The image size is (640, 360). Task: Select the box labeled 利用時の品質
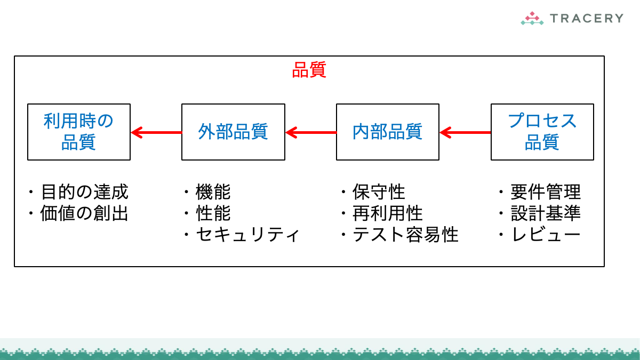click(x=79, y=132)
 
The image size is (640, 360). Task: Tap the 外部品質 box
click(x=233, y=132)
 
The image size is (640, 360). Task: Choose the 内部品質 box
click(x=388, y=132)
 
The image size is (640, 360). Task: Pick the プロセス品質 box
click(x=542, y=132)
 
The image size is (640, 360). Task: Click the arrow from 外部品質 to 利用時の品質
click(x=156, y=132)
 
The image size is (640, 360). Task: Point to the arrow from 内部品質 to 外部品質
click(x=311, y=132)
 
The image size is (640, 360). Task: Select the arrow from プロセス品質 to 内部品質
click(x=465, y=132)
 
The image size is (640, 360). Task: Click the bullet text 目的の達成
click(x=84, y=191)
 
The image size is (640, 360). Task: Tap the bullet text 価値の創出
click(x=84, y=213)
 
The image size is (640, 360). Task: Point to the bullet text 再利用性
click(x=388, y=213)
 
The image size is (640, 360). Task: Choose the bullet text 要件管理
click(x=545, y=191)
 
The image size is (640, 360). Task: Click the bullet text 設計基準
click(x=545, y=213)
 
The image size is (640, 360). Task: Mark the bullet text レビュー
click(x=545, y=235)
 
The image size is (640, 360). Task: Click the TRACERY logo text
click(x=586, y=18)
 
